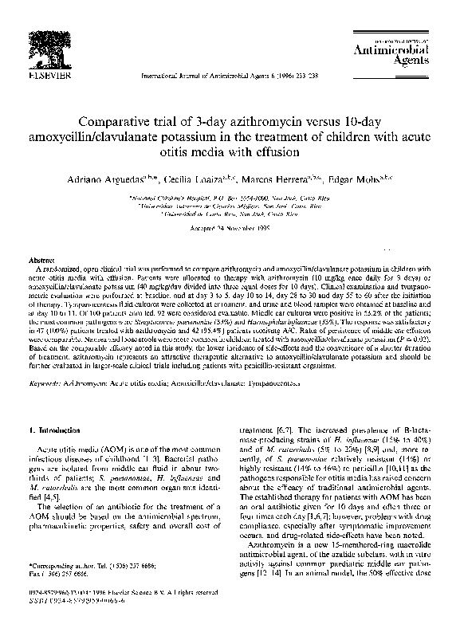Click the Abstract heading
(42, 261)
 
